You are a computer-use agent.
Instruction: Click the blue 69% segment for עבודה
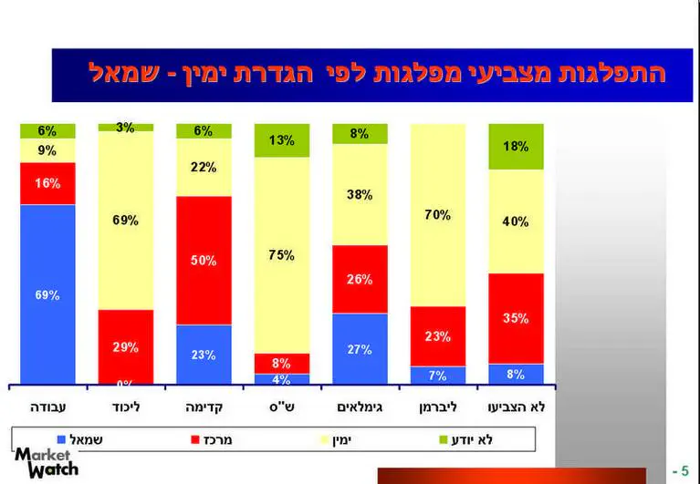pyautogui.click(x=47, y=293)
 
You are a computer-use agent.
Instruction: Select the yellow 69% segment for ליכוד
pyautogui.click(x=126, y=220)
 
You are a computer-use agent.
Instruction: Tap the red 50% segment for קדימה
pyautogui.click(x=204, y=260)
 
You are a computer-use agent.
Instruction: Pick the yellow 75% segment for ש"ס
pyautogui.click(x=282, y=254)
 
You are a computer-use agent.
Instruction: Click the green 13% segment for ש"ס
pyautogui.click(x=282, y=140)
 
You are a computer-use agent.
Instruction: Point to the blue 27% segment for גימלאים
pyautogui.click(x=360, y=348)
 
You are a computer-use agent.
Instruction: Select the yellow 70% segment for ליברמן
pyautogui.click(x=438, y=215)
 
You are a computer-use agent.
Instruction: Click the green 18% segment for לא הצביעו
pyautogui.click(x=516, y=146)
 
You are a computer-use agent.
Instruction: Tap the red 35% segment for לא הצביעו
pyautogui.click(x=516, y=318)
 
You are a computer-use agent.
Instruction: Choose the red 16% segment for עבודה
pyautogui.click(x=47, y=183)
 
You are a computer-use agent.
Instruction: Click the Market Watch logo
pyautogui.click(x=47, y=462)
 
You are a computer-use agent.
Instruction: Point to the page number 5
pyautogui.click(x=685, y=471)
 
